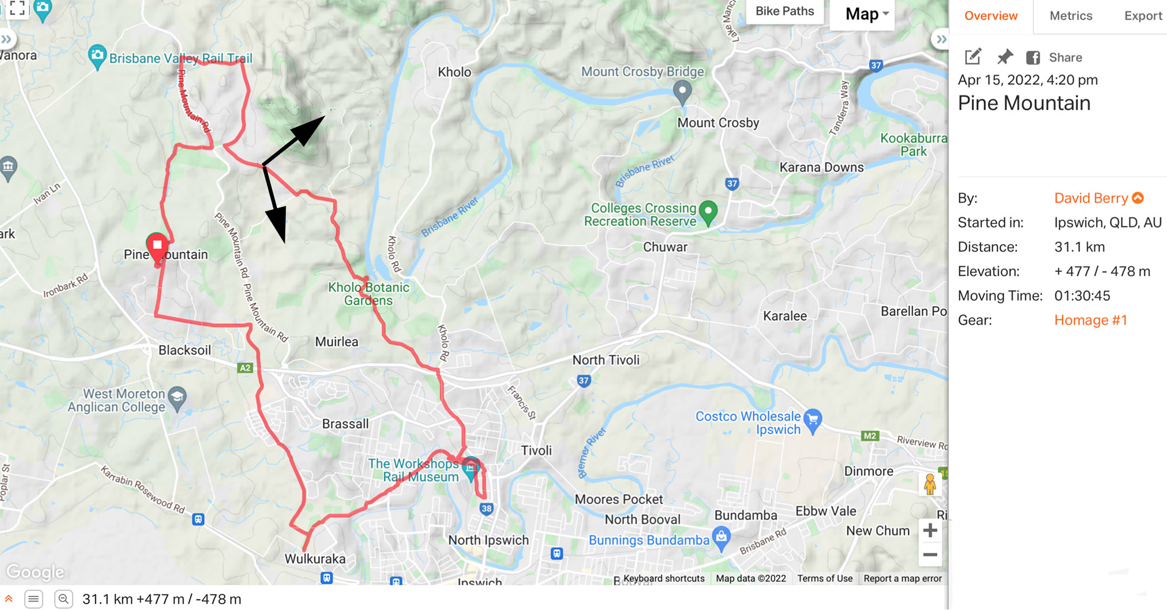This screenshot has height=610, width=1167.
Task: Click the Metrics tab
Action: pyautogui.click(x=1071, y=16)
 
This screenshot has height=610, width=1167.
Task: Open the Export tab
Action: pyautogui.click(x=1143, y=16)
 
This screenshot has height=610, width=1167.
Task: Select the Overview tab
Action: pyautogui.click(x=990, y=16)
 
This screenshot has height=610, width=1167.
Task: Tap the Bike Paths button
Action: pyautogui.click(x=784, y=11)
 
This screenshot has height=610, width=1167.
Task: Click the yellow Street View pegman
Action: pyautogui.click(x=930, y=484)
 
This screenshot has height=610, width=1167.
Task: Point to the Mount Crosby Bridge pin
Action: pyautogui.click(x=682, y=92)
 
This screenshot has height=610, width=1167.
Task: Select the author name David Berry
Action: pyautogui.click(x=1091, y=198)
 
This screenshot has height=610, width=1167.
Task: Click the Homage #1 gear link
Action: pyautogui.click(x=1091, y=320)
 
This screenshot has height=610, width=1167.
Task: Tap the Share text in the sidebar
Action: pyautogui.click(x=1065, y=57)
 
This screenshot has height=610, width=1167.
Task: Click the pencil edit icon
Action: pyautogui.click(x=973, y=57)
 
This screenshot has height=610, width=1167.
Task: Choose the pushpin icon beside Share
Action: pyautogui.click(x=1005, y=57)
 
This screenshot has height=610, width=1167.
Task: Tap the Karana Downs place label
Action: pyautogui.click(x=821, y=167)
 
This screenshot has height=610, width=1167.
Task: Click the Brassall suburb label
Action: pyautogui.click(x=345, y=424)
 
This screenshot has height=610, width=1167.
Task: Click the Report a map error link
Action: pyautogui.click(x=902, y=578)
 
